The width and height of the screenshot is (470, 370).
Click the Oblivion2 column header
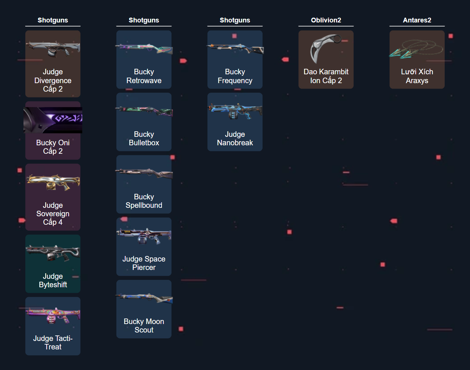[x=326, y=20]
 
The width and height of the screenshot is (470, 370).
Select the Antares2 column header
[x=417, y=20]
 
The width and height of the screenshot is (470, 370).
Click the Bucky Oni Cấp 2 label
[x=53, y=147]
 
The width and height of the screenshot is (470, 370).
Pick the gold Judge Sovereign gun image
[x=53, y=182]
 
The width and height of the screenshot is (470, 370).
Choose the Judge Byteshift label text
[x=53, y=280]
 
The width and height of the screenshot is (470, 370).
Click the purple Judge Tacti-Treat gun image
[x=53, y=315]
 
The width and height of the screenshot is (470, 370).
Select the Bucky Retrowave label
[x=144, y=76]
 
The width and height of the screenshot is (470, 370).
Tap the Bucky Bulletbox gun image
[x=144, y=111]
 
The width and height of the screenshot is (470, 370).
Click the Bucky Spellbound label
[x=144, y=201]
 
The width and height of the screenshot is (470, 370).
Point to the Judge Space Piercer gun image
[x=144, y=236]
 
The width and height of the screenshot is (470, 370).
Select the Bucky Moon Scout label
[x=144, y=325]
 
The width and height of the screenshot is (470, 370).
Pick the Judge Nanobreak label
[x=235, y=138]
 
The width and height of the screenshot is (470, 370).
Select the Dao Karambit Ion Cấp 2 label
[x=326, y=76]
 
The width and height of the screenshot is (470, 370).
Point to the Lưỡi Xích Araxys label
[x=417, y=76]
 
